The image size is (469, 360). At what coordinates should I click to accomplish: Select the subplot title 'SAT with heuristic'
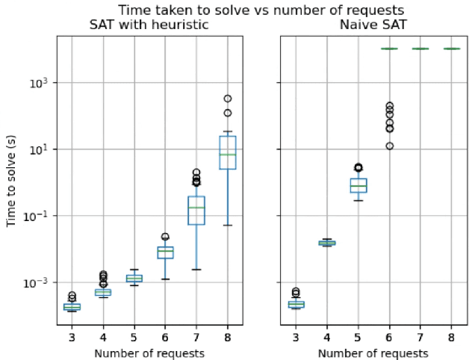click(x=149, y=25)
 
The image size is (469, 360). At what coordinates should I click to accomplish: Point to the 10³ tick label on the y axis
click(x=40, y=83)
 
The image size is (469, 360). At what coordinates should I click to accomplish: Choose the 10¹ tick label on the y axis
click(x=40, y=149)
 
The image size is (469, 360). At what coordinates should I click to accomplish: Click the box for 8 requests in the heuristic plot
click(x=227, y=152)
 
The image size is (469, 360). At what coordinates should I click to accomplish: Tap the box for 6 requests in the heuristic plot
click(x=165, y=252)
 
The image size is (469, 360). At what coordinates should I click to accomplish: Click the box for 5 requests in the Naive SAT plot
click(x=358, y=185)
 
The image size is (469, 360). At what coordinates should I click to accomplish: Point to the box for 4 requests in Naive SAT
click(x=327, y=243)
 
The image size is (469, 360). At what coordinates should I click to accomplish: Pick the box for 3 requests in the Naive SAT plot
click(x=296, y=304)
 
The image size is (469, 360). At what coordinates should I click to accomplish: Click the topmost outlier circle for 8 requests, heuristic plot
click(x=227, y=98)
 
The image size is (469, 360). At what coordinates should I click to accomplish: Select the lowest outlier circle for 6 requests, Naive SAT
click(x=389, y=146)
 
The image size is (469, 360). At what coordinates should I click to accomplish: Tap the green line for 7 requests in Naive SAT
click(x=420, y=49)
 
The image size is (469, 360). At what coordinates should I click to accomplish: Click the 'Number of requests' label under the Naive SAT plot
click(x=373, y=353)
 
